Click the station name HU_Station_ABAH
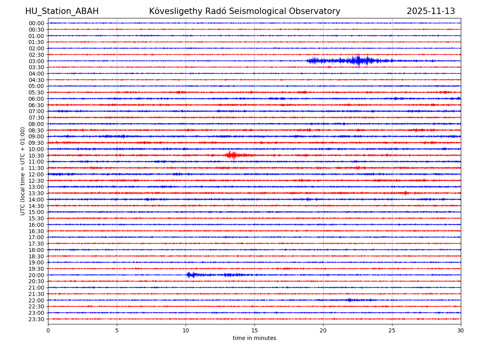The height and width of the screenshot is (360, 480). point(62,12)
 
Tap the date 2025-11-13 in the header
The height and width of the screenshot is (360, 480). point(431,12)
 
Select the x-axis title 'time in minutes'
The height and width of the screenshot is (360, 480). point(254,338)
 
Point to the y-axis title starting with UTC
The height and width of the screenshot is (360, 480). point(23,171)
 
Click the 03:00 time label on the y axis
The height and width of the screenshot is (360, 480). point(36,61)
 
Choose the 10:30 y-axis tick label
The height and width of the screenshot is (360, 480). point(36,156)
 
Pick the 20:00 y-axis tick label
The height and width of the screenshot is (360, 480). point(36,275)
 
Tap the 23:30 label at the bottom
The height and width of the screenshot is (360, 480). point(36,319)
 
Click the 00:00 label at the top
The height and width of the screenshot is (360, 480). point(36,23)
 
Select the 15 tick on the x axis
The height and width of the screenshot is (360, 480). point(254,330)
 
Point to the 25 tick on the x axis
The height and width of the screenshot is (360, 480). point(392,330)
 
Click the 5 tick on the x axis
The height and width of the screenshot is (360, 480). point(117,330)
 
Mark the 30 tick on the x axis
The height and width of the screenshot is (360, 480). point(461,330)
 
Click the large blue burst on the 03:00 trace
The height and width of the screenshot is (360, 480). point(358,61)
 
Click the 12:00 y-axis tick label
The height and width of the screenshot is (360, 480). point(36,174)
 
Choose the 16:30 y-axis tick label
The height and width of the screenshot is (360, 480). point(36,231)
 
